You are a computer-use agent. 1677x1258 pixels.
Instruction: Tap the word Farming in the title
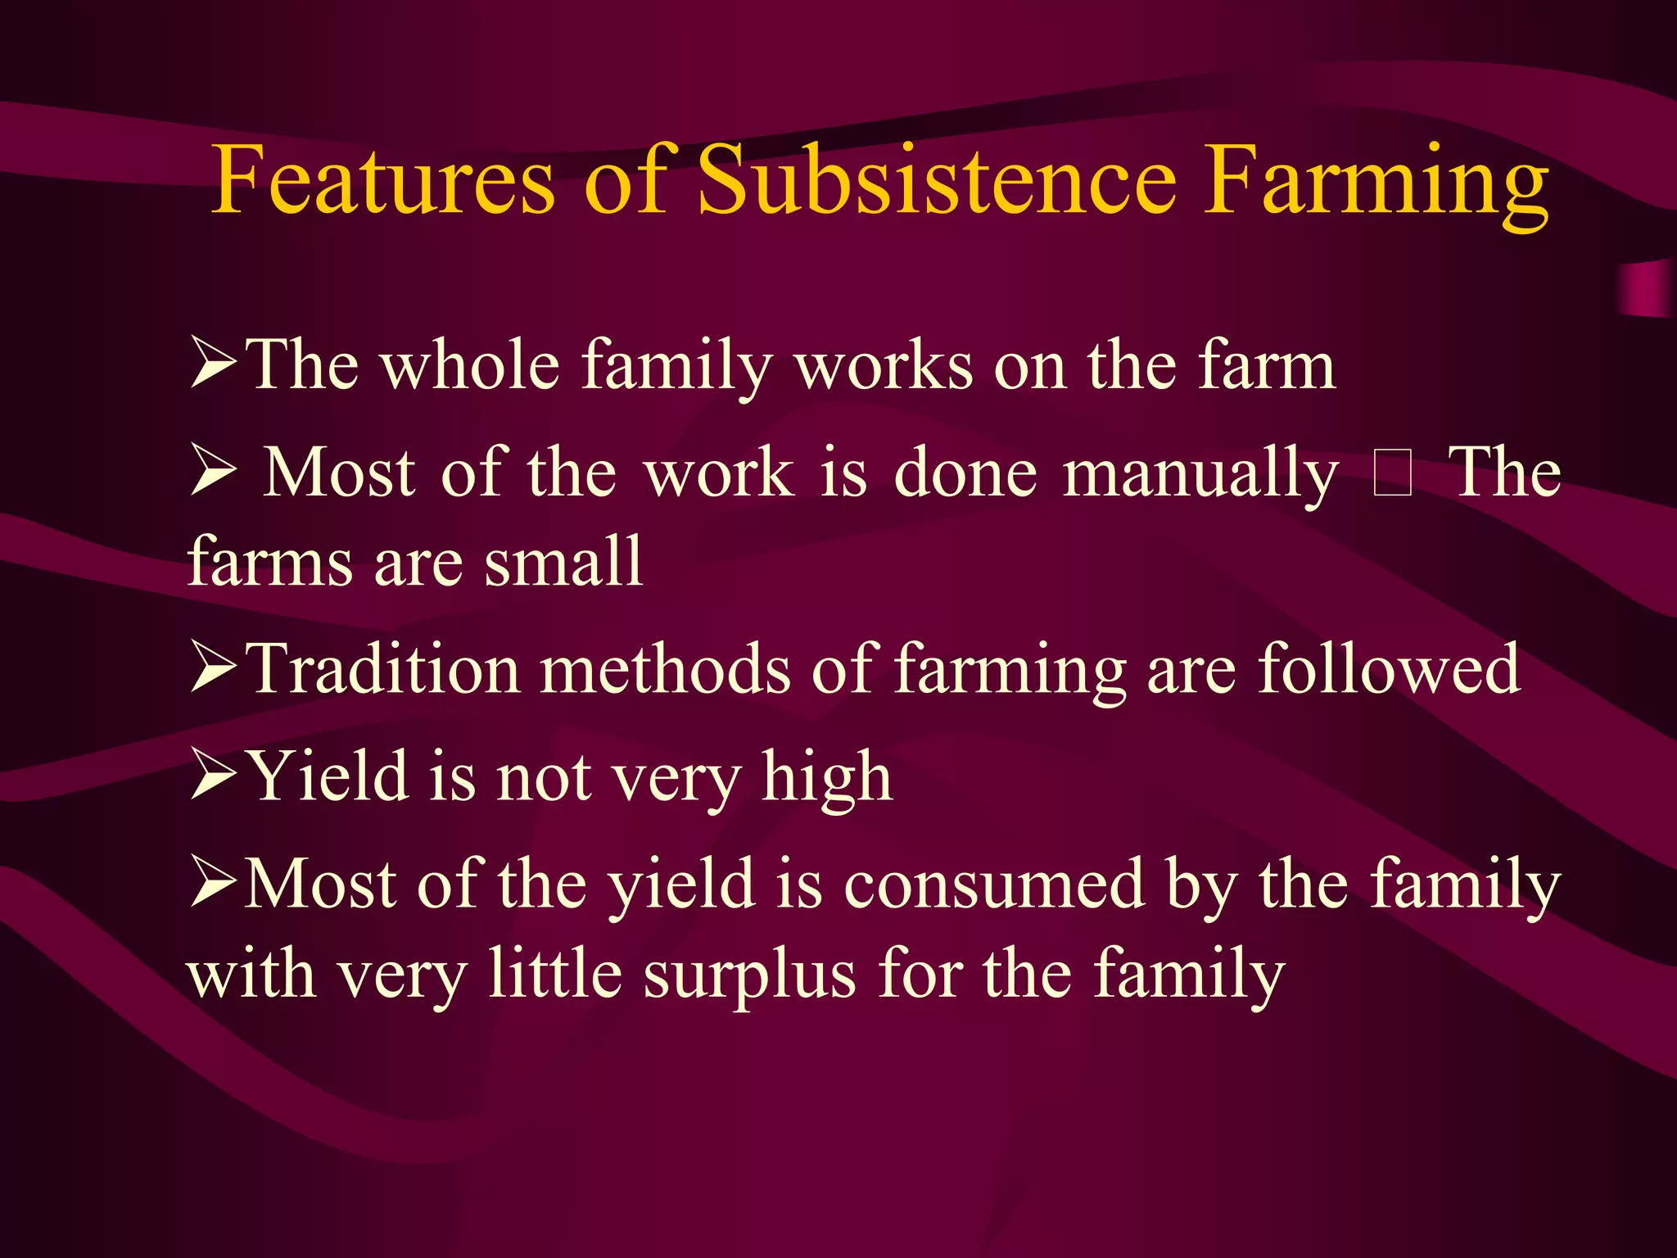click(1376, 184)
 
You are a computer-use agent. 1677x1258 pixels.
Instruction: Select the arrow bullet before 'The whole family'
click(214, 365)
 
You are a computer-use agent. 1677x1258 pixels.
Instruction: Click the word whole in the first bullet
click(472, 365)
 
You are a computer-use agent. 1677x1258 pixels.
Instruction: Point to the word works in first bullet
click(884, 365)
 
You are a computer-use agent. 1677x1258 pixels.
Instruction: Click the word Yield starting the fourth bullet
click(328, 776)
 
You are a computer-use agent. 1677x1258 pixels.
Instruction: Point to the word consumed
click(994, 885)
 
